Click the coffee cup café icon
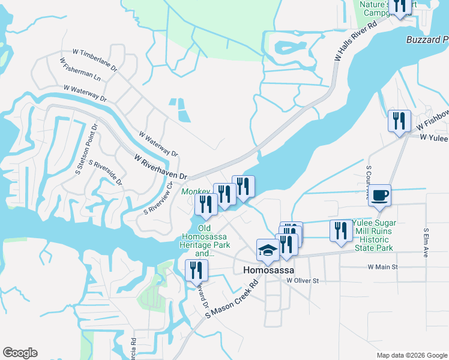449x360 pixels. point(379,196)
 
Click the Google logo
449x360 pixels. point(20,352)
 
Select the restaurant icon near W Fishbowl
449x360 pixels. point(399,122)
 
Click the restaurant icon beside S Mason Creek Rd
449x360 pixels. point(196,271)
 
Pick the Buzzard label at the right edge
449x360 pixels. point(427,40)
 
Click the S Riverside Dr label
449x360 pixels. point(105,172)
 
